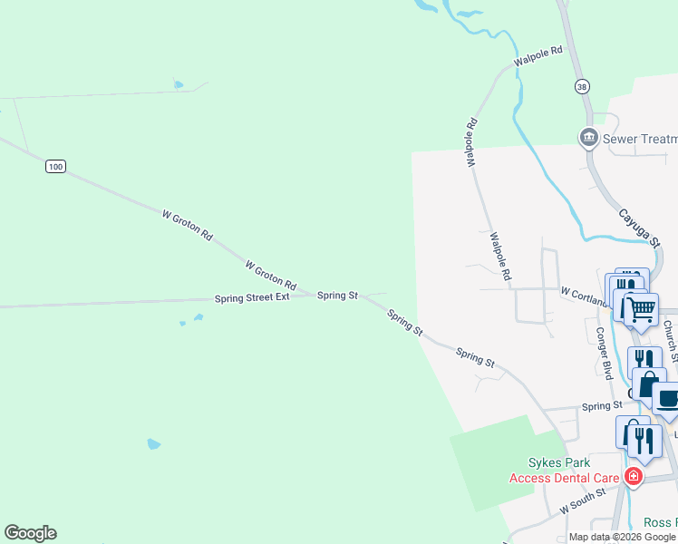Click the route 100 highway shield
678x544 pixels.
[x=56, y=166]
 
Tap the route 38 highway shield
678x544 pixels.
[x=581, y=85]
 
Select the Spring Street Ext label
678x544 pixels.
[x=252, y=297]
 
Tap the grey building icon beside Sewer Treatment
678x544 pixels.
[x=588, y=138]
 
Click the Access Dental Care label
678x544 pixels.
[x=563, y=478]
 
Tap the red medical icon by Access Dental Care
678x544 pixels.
[x=633, y=477]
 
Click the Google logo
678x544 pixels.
[x=30, y=533]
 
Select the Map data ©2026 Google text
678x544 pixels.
[x=623, y=537]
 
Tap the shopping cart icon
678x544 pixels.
[x=642, y=308]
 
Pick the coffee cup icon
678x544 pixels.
[x=667, y=399]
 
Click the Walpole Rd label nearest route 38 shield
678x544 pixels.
[x=538, y=56]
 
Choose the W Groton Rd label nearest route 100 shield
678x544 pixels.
[x=187, y=225]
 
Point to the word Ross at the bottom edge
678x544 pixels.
[x=659, y=523]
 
